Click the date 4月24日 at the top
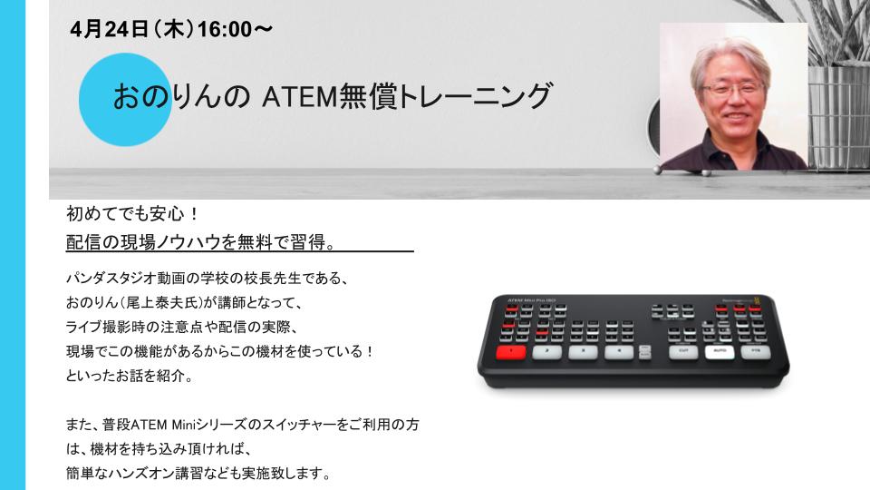(x=110, y=29)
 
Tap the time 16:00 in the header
(x=225, y=29)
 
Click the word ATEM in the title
(x=299, y=97)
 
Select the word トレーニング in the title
(x=475, y=96)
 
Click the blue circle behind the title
(x=125, y=100)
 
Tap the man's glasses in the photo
(x=732, y=90)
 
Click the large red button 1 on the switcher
(x=510, y=352)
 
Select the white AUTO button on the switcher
(x=720, y=351)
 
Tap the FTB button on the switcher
(x=756, y=351)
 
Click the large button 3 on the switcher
(x=583, y=352)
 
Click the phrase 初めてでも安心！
(x=132, y=213)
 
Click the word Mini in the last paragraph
(x=185, y=425)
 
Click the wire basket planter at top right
(x=837, y=117)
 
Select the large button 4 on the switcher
(x=619, y=352)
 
